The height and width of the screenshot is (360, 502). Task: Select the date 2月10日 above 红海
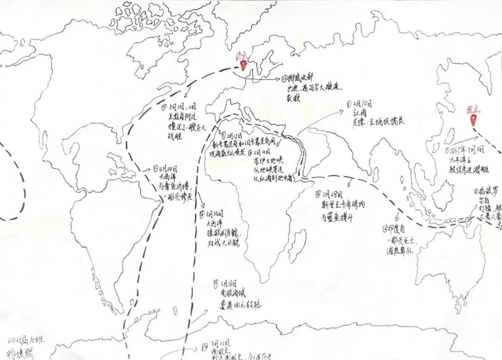361,105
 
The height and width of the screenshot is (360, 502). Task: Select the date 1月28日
332,193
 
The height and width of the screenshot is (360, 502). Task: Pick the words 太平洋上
458,159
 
